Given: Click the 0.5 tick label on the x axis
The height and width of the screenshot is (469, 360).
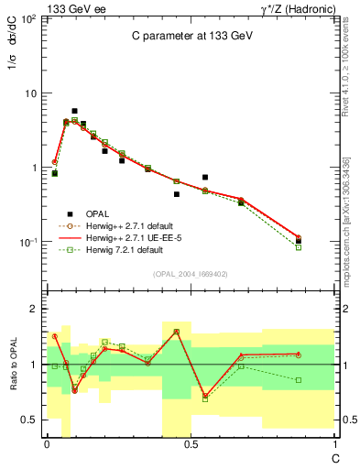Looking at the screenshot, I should coord(190,444).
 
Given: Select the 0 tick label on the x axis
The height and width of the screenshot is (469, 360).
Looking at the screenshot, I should coord(47,444).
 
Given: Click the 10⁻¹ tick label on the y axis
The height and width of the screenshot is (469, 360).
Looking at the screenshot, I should coord(27,243).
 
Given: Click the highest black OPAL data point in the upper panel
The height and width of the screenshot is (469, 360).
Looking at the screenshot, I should coord(74,111).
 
